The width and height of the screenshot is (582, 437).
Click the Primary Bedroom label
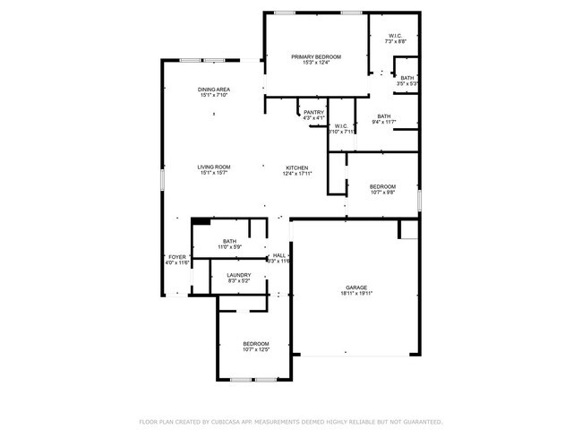coord(316,56)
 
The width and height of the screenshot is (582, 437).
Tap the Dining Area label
coord(214,90)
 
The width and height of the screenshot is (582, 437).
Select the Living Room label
coord(214,167)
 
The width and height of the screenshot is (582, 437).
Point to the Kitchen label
coord(297,167)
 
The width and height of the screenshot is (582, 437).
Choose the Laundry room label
coord(238,275)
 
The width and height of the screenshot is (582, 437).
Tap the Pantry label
coord(313,112)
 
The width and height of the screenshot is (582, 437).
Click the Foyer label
coord(177,256)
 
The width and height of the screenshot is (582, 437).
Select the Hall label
coord(279,255)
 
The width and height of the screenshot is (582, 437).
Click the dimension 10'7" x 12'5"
coord(256,350)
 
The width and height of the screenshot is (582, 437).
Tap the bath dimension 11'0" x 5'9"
coord(230,247)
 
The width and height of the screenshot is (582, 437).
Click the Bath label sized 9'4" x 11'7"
coord(383,116)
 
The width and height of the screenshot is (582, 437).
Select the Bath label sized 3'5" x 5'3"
coord(407,78)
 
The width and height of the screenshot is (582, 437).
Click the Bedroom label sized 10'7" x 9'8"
coord(382,185)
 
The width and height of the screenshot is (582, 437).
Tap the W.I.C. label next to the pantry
coord(340,126)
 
